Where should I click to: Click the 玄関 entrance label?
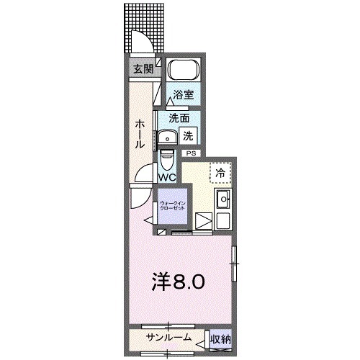pyautogui.click(x=143, y=69)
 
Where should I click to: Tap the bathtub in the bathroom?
pyautogui.click(x=181, y=72)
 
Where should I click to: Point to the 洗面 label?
pyautogui.click(x=179, y=117)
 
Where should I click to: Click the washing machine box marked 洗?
pyautogui.click(x=187, y=135)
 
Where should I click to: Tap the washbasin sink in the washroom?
pyautogui.click(x=170, y=136)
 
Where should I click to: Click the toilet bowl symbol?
pyautogui.click(x=166, y=157)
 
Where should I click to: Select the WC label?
pyautogui.click(x=167, y=177)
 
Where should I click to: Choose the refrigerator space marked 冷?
pyautogui.click(x=220, y=174)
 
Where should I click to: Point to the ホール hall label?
pyautogui.click(x=139, y=133)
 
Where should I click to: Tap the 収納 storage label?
pyautogui.click(x=220, y=338)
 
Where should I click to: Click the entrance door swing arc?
pyautogui.click(x=141, y=45)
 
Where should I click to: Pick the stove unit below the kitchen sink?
pyautogui.click(x=203, y=222)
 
